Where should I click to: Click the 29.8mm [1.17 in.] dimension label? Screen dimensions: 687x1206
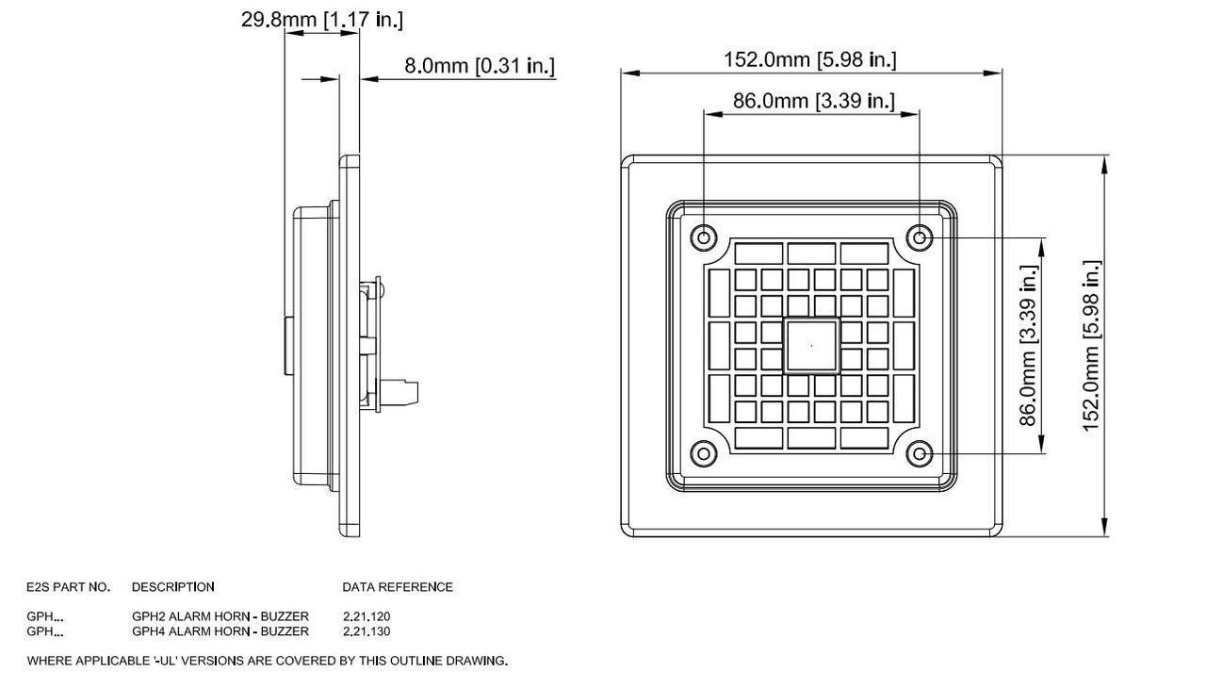[322, 19]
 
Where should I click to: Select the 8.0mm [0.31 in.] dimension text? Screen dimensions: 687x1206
[480, 66]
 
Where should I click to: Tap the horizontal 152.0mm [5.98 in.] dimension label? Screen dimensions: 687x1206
[809, 59]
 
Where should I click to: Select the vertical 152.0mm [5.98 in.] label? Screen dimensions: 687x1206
[1091, 345]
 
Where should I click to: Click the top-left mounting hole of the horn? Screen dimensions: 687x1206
[703, 237]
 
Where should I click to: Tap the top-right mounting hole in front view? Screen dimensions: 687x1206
[919, 237]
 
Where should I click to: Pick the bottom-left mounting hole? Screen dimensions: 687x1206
[703, 454]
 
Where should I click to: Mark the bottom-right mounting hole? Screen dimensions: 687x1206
[919, 454]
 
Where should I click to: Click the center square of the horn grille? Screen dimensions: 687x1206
[811, 346]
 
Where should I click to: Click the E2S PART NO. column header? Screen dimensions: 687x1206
[68, 587]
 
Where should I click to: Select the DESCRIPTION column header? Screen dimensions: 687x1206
[172, 587]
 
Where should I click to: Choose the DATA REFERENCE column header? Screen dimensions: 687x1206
[397, 587]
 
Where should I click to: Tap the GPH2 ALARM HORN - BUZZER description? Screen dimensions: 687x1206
[220, 616]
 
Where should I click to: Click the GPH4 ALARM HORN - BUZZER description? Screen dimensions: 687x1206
[220, 631]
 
